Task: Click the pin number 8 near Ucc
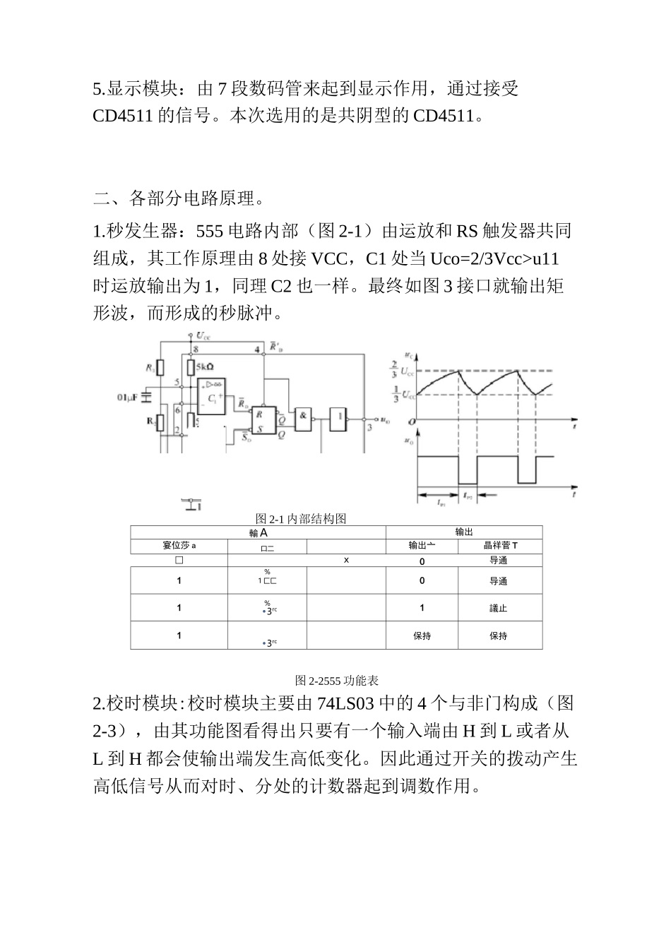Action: tap(196, 350)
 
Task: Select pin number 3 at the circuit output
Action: tap(369, 427)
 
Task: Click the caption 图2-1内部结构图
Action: tap(301, 519)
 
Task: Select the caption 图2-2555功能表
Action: tap(337, 681)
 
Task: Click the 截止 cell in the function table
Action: tap(499, 608)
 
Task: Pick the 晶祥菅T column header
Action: tap(500, 545)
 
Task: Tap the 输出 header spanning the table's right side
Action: tap(464, 532)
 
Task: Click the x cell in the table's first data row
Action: tap(346, 561)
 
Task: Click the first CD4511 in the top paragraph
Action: tap(123, 116)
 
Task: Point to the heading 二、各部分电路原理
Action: tap(179, 198)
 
